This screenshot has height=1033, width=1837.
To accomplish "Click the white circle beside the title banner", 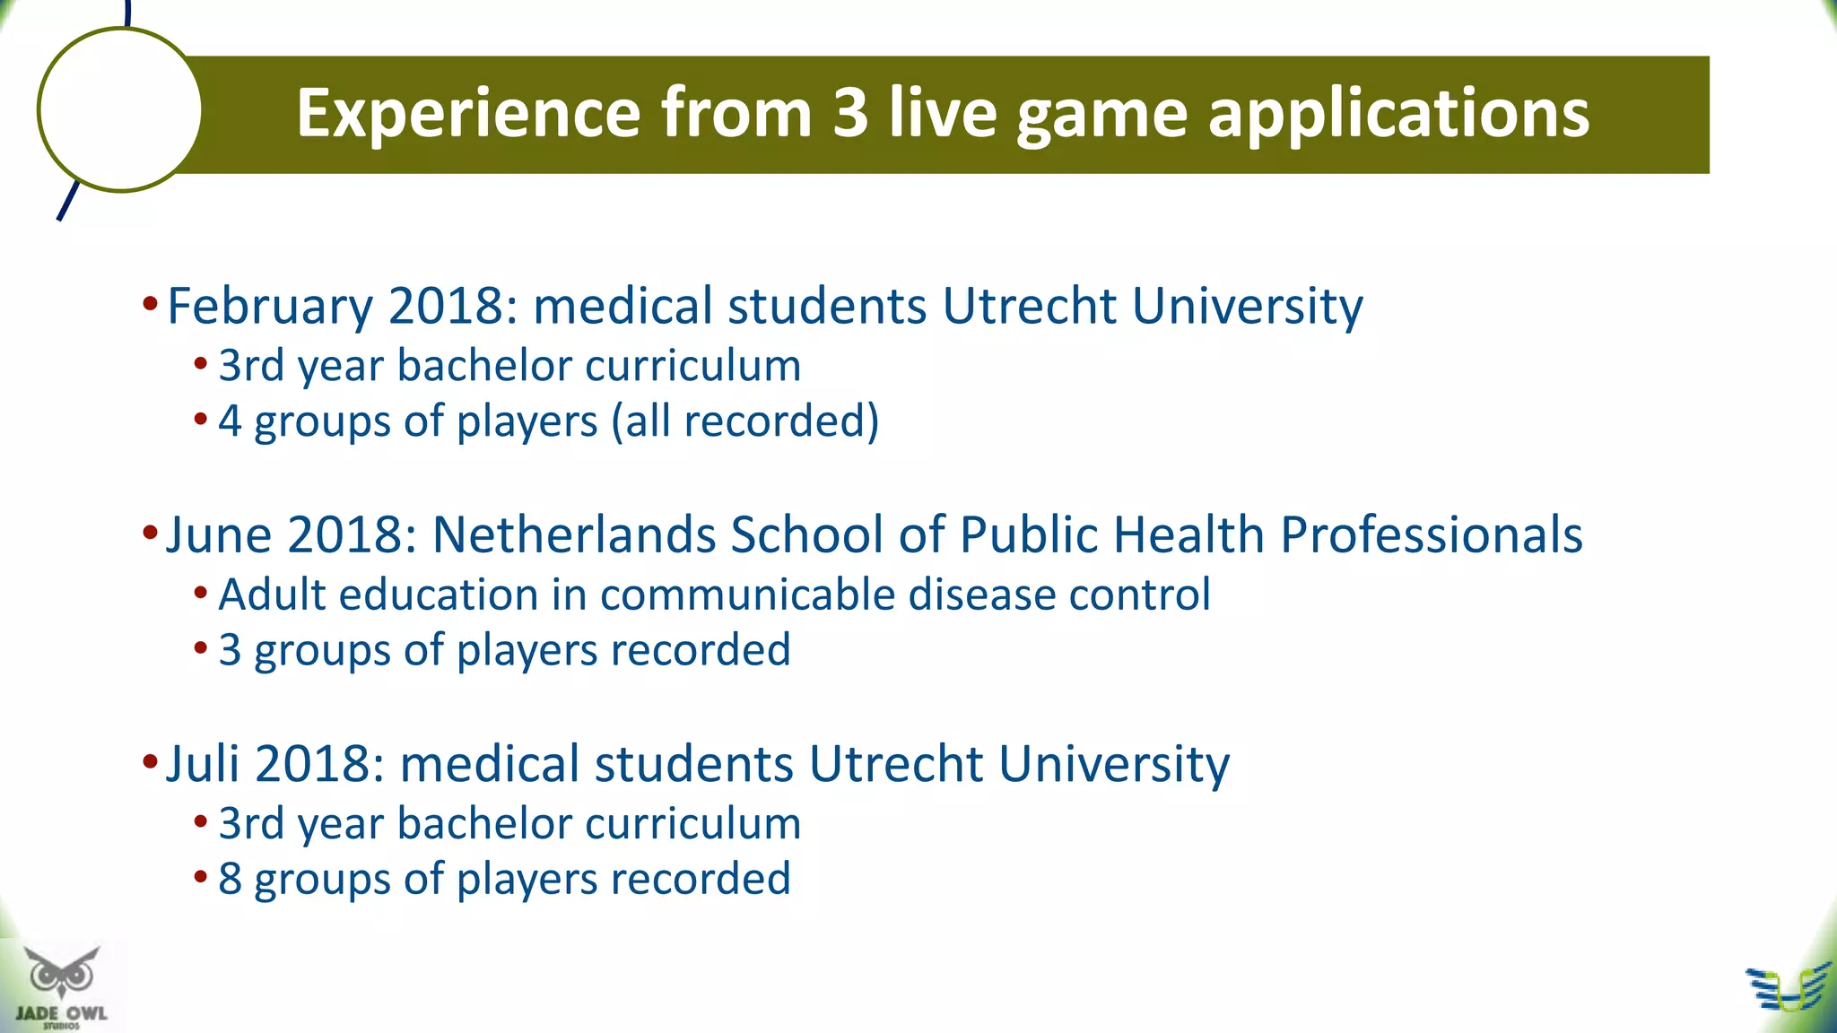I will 119,109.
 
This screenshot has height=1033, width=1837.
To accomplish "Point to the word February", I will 269,307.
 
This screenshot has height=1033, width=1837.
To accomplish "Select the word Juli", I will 202,764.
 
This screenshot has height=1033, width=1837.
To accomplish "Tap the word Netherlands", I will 573,535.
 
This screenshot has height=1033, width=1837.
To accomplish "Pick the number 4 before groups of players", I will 230,421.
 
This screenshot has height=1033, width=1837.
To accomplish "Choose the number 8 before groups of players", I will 230,879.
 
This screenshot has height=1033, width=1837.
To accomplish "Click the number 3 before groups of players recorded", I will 230,650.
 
